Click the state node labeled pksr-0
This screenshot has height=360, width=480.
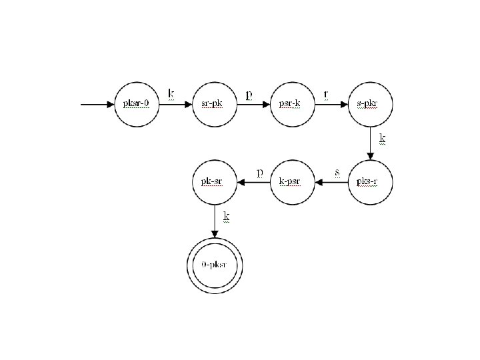click(x=137, y=104)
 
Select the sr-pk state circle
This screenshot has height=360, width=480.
click(x=215, y=104)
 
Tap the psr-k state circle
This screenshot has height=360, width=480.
click(x=293, y=104)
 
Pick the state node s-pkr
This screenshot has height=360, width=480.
click(x=371, y=104)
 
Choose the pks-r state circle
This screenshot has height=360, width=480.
click(x=371, y=181)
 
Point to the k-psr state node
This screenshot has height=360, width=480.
click(x=293, y=181)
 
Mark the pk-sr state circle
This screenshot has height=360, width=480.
click(x=215, y=181)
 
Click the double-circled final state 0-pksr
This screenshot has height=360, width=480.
click(x=215, y=265)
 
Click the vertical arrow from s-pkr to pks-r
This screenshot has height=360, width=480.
click(x=371, y=143)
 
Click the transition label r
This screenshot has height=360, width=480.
click(x=326, y=94)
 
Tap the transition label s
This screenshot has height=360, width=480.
click(x=337, y=172)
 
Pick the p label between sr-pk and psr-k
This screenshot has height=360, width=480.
click(x=249, y=95)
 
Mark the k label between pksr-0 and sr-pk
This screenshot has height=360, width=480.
click(x=171, y=93)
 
